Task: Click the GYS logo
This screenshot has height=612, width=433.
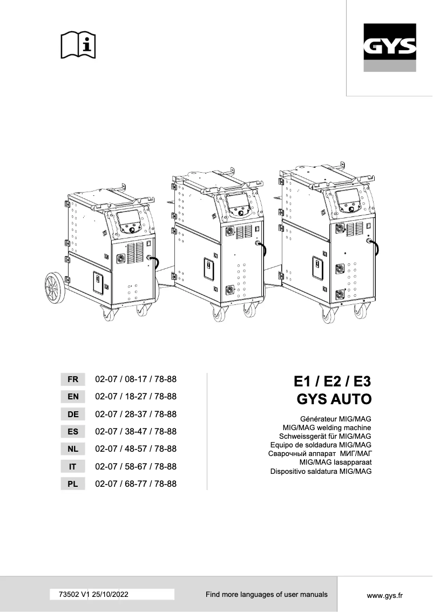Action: (389, 48)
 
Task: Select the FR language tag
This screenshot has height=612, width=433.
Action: (73, 379)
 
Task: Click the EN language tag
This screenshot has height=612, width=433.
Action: (73, 397)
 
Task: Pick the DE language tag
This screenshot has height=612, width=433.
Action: (73, 414)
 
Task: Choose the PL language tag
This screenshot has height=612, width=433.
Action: (73, 484)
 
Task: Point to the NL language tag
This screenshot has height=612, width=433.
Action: (73, 449)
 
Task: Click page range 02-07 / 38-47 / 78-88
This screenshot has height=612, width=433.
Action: (136, 432)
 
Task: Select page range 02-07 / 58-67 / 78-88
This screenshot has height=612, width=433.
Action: (136, 466)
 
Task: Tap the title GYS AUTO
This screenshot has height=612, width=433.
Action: (335, 400)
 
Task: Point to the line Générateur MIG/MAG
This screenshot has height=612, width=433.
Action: (336, 419)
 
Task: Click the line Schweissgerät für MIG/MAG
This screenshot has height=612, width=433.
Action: (325, 436)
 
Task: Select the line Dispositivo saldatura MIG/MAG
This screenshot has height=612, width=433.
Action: (321, 471)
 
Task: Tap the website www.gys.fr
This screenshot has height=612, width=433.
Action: (385, 595)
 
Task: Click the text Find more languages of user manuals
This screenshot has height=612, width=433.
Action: (266, 594)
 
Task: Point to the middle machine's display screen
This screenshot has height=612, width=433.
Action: (238, 203)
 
